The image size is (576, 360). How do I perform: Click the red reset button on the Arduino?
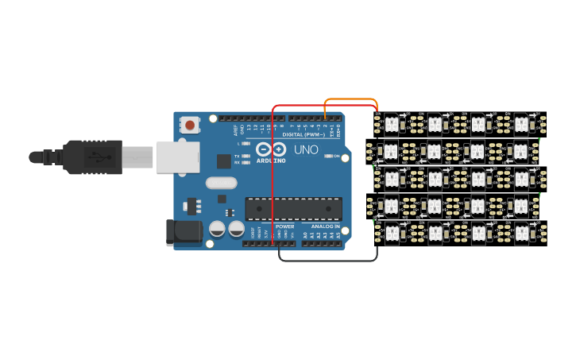pyautogui.click(x=190, y=125)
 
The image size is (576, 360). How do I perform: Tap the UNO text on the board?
pyautogui.click(x=306, y=149)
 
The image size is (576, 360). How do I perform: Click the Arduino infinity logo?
pyautogui.click(x=271, y=149)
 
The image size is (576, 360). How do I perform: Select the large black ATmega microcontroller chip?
pyautogui.click(x=294, y=209)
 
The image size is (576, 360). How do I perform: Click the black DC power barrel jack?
pyautogui.click(x=182, y=231)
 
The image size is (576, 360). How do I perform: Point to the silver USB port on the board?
pyautogui.click(x=176, y=157)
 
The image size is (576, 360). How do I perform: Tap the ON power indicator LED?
pyautogui.click(x=330, y=156)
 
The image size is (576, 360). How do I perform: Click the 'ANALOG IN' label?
pyautogui.click(x=325, y=226)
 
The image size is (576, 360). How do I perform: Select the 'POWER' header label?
pyautogui.click(x=284, y=226)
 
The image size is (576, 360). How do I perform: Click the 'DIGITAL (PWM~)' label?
pyautogui.click(x=301, y=134)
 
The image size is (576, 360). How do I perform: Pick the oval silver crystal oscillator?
pyautogui.click(x=221, y=183)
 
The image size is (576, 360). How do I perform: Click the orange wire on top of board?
pyautogui.click(x=350, y=99)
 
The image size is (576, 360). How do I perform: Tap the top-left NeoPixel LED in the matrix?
pyautogui.click(x=391, y=123)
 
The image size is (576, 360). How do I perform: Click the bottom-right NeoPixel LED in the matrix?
pyautogui.click(x=521, y=233)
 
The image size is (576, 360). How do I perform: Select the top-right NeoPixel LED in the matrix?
pyautogui.click(x=521, y=123)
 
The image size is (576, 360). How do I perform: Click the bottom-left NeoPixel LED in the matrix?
pyautogui.click(x=391, y=233)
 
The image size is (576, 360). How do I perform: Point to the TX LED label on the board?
pyautogui.click(x=237, y=156)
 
